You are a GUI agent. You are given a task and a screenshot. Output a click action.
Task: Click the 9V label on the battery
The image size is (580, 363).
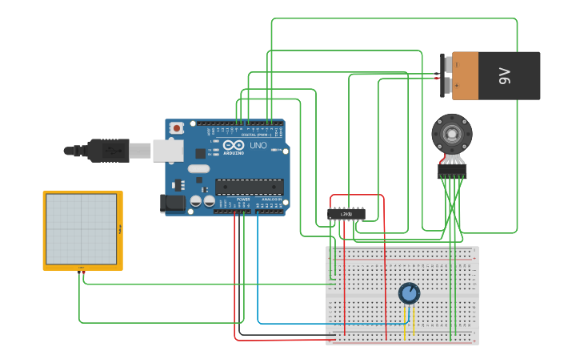pos(504,76)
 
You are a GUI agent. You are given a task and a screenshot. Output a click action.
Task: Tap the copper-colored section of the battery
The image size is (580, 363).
pos(465,76)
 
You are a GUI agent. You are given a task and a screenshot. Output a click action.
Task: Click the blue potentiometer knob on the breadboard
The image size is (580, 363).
pos(409,293)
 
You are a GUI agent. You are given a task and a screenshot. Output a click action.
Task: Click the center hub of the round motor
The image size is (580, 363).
pos(452,132)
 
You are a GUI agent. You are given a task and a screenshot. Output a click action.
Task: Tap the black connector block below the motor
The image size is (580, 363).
pos(452,171)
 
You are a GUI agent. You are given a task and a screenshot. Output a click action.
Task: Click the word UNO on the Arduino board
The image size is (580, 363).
pos(258,147)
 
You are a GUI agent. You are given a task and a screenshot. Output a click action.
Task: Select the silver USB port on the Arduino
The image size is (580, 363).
pos(167,150)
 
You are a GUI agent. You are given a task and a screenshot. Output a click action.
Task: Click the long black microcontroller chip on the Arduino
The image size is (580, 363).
pos(249,187)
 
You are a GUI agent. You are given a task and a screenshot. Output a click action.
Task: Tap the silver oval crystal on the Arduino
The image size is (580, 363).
pos(198,169)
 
